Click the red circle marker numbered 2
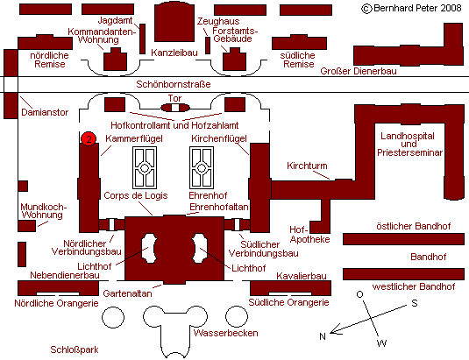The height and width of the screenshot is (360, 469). point(89,139)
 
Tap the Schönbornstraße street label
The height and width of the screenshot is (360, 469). point(174,84)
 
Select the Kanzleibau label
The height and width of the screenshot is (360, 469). point(174,53)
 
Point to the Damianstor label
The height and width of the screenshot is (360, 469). point(45,112)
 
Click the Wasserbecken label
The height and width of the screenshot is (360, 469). point(226,333)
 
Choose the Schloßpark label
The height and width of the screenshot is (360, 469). point(75,349)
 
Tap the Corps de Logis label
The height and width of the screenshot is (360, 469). point(136,195)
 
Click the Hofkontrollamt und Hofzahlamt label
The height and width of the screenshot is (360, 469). point(174,125)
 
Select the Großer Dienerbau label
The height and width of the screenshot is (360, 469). point(359,71)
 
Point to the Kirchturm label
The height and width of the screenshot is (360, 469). point(307,166)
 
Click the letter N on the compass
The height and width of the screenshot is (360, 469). point(323,336)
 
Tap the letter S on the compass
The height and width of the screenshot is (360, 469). point(415,303)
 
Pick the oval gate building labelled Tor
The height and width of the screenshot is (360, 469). point(175,108)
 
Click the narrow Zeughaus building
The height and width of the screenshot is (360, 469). point(208,46)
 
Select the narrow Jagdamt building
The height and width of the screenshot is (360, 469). point(143,39)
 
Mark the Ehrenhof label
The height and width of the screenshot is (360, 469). point(208,195)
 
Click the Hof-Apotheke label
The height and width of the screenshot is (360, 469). point(309,234)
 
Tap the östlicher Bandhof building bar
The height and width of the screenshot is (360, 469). point(403,239)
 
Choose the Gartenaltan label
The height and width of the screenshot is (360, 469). point(127,293)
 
